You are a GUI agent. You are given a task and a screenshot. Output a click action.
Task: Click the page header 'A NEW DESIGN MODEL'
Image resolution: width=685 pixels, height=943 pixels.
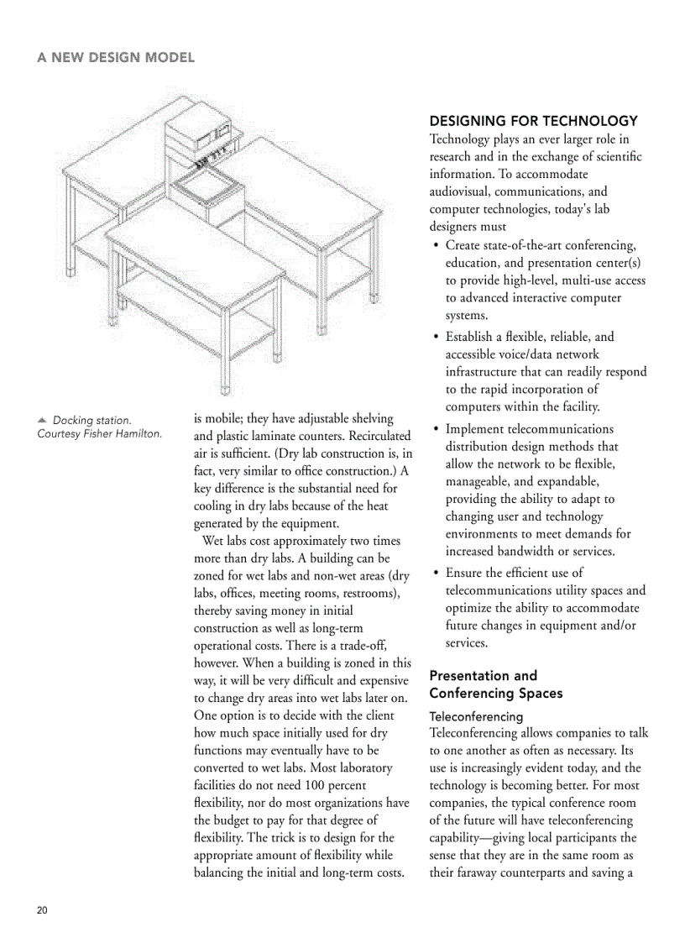[x=116, y=57]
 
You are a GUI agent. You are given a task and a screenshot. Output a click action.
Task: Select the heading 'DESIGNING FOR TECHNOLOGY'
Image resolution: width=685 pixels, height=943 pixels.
[x=533, y=121]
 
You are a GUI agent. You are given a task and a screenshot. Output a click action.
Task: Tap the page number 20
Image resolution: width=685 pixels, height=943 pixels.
[x=43, y=911]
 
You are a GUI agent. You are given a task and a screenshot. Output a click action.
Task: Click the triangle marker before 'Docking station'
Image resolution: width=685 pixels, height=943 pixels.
[x=41, y=419]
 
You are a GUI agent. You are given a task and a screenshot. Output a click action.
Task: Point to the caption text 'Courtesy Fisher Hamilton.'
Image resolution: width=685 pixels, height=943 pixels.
[x=99, y=433]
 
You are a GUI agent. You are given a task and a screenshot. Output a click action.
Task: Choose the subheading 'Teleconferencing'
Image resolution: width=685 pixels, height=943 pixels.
[x=476, y=716]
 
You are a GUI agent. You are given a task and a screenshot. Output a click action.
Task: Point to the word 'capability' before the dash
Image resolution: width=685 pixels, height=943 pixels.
[x=459, y=838]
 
